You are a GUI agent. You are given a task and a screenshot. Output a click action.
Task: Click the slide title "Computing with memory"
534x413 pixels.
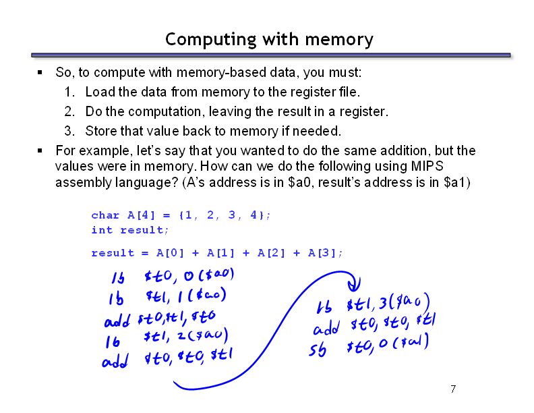(268, 39)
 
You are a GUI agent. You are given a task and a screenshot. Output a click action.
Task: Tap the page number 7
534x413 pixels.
(453, 389)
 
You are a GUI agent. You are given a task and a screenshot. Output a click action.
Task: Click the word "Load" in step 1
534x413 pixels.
(98, 92)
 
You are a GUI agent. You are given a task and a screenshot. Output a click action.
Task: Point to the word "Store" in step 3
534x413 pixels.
(100, 130)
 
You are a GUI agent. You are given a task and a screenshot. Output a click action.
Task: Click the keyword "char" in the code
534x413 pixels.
(105, 215)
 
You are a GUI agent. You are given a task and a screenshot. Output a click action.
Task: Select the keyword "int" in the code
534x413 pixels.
(102, 230)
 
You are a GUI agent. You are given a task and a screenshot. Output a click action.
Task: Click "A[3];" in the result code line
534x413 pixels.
(326, 253)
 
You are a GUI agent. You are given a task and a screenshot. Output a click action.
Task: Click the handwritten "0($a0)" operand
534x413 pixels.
(210, 275)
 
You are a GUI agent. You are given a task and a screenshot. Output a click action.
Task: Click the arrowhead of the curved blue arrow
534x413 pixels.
(355, 284)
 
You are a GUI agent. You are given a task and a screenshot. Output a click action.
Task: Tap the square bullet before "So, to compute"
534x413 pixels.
(40, 72)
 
